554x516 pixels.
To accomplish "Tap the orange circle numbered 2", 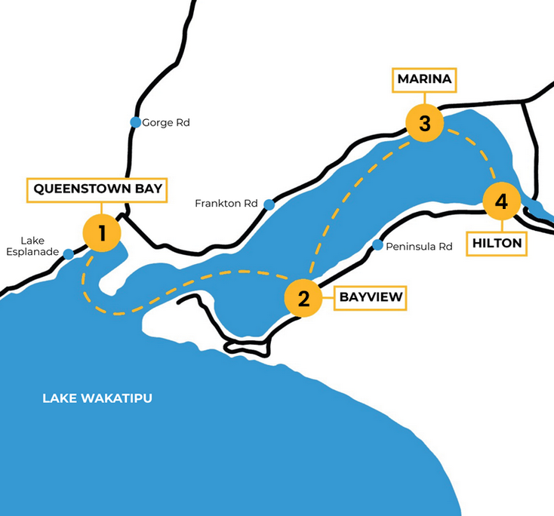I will click(303, 299).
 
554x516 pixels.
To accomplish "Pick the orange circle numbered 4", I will click(502, 202).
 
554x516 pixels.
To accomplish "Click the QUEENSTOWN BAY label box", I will click(98, 189).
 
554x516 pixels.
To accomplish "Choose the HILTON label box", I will click(497, 243).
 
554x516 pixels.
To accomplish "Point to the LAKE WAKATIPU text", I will click(97, 398).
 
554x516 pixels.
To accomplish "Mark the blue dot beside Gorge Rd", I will click(135, 122).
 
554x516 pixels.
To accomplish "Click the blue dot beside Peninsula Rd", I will click(377, 245).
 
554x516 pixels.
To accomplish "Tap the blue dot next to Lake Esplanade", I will click(69, 254).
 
